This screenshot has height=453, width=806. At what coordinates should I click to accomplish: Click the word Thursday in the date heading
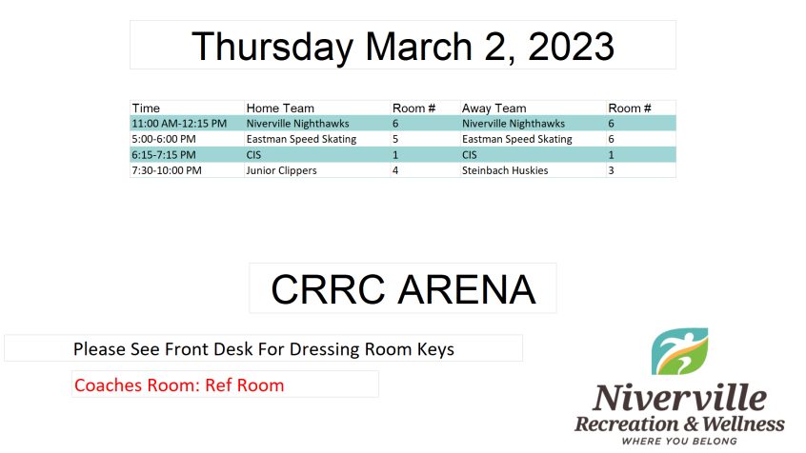coord(272,47)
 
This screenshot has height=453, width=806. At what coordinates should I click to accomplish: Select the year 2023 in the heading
coord(571,47)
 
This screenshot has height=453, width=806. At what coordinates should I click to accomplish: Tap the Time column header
coord(146,108)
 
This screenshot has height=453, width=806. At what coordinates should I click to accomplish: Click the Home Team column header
coord(280,108)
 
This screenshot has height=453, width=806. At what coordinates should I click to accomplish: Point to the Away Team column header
coord(494,108)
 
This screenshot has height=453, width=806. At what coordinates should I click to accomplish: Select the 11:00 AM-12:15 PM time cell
coord(179,124)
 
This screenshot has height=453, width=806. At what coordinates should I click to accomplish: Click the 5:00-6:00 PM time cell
coord(164,139)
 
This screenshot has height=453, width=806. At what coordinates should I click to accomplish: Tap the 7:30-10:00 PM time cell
coord(167,170)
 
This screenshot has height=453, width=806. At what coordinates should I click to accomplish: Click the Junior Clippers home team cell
coord(282,170)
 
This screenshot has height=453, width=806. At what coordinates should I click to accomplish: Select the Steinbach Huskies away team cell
coord(505,170)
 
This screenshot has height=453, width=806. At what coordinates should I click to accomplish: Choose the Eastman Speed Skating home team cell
coord(301,139)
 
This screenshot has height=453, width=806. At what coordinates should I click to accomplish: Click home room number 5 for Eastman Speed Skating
coord(395,139)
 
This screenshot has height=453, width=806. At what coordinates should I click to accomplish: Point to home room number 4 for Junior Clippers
coord(395,170)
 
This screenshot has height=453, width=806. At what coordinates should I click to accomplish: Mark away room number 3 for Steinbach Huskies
coord(612,170)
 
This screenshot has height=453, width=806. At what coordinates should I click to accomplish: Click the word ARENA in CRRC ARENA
coord(467,289)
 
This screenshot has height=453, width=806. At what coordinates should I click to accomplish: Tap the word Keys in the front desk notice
coord(436,349)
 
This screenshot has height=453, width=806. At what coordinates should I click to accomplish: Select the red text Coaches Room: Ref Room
coord(179,385)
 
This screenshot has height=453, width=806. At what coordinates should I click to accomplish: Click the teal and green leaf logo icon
coord(679,351)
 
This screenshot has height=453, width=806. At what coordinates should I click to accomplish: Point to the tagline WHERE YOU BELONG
coord(679,442)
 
